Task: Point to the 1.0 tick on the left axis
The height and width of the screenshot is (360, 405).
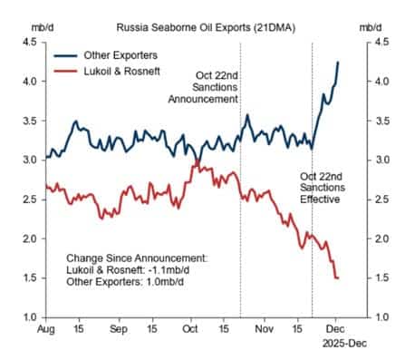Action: click(30, 317)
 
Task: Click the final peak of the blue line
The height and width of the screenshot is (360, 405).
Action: click(338, 62)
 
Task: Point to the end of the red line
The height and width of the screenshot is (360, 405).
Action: click(338, 277)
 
